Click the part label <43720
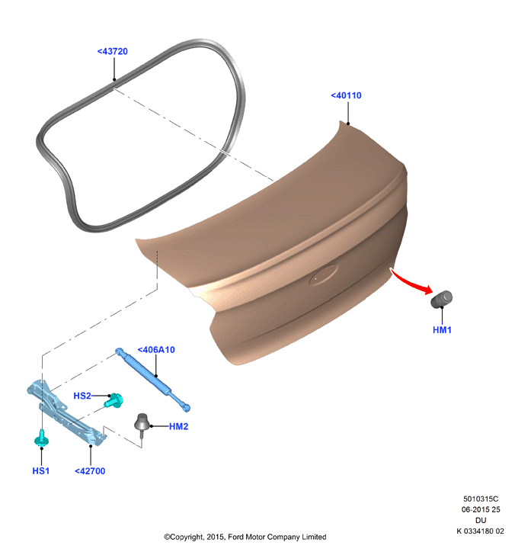tap(113, 51)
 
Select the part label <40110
tap(346, 95)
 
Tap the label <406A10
tap(156, 350)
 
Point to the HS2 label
tap(82, 396)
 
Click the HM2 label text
tap(179, 426)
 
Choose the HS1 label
tap(41, 470)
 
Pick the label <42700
tap(90, 470)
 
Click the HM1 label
tap(442, 330)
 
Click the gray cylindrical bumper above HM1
tap(442, 299)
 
